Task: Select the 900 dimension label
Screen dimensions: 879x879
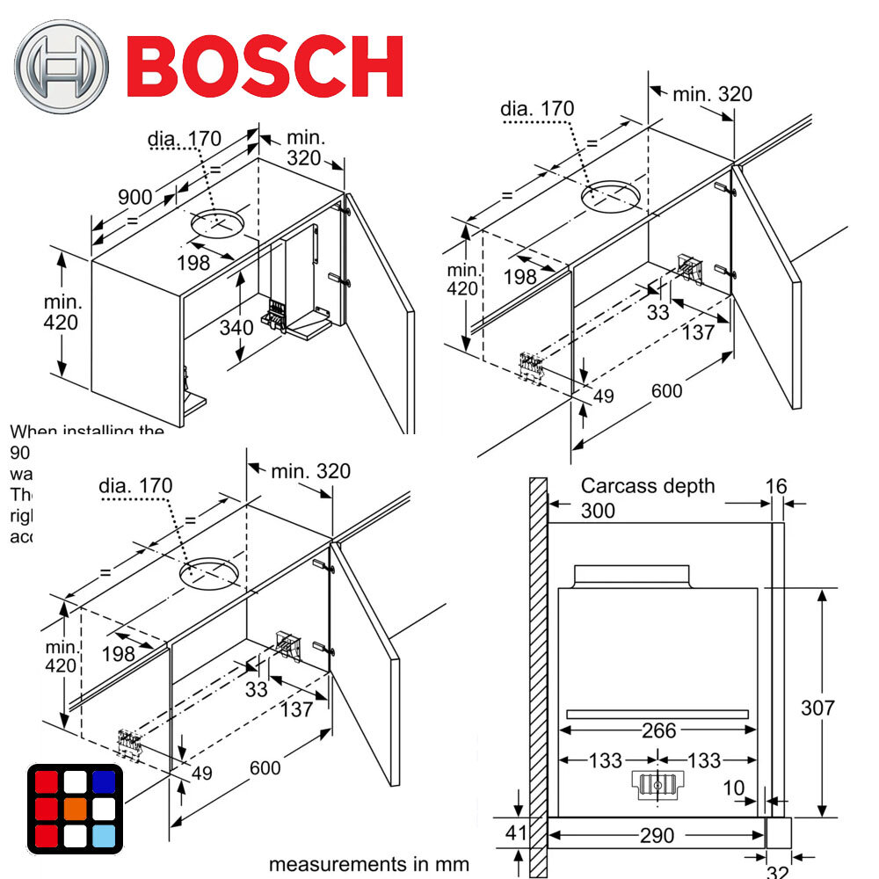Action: point(136,196)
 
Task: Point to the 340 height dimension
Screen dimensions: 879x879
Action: point(236,328)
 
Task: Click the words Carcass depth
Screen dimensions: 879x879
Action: point(648,486)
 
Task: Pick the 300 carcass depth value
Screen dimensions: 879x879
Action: point(598,511)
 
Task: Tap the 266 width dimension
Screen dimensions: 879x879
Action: point(658,730)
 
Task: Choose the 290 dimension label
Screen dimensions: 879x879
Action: point(658,834)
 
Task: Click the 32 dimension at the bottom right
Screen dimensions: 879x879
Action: point(778,870)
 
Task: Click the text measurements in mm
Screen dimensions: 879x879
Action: point(368,863)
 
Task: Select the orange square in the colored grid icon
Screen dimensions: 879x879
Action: point(75,809)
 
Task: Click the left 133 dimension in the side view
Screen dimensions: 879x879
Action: point(606,760)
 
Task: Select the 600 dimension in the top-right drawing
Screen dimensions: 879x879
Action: point(666,389)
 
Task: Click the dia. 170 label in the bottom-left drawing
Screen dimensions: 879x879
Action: point(135,485)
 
